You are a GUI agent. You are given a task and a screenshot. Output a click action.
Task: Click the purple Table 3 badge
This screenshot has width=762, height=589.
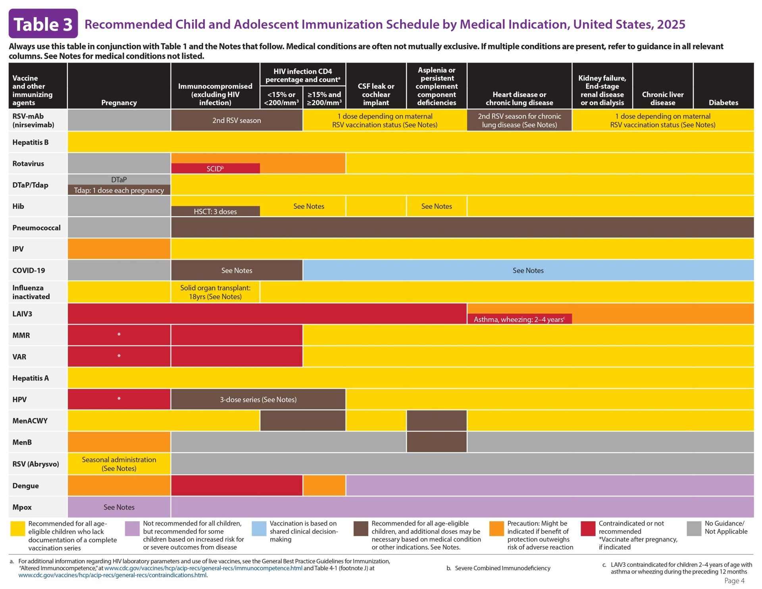coord(43,24)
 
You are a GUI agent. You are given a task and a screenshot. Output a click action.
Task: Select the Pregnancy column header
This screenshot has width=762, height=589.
coord(119,102)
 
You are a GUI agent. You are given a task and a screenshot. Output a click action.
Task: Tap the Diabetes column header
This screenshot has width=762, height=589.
coord(723,102)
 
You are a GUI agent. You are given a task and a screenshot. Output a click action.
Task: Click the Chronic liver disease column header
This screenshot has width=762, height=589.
coord(662,98)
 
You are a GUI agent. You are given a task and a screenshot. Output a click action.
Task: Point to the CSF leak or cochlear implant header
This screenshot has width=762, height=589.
coord(376,94)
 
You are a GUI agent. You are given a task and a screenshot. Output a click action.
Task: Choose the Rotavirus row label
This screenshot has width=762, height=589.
coord(28,164)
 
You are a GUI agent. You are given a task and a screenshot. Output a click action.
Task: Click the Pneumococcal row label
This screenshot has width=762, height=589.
coord(36,228)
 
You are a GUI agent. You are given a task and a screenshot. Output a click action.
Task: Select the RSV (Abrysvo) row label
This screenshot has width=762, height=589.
coord(35,464)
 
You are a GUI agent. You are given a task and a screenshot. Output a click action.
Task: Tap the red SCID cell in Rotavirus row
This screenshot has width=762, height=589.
coord(215,169)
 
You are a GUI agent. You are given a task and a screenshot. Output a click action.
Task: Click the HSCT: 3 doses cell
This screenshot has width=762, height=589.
coord(215,212)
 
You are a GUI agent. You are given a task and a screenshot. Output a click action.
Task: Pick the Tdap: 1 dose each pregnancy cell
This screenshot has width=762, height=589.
coord(119,190)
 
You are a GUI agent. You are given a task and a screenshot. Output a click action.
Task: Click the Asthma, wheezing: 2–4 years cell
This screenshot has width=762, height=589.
coord(519,319)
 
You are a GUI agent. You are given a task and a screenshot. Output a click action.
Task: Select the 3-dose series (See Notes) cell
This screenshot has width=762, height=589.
coord(258,399)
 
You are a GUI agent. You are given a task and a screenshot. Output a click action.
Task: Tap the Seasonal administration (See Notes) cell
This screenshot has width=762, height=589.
coord(119,464)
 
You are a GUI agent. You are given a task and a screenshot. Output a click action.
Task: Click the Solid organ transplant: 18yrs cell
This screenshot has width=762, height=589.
coord(215,292)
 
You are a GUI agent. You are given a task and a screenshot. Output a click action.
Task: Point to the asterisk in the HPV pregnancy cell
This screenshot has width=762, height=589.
coord(119,399)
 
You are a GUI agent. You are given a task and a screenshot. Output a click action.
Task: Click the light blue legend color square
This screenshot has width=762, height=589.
coord(259,529)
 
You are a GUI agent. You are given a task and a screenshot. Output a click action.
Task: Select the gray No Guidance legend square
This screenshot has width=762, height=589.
coord(694,529)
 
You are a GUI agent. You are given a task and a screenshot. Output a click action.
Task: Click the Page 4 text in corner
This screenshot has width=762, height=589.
coord(734,581)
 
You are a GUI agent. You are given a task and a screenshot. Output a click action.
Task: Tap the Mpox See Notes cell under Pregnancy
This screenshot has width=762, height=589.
coord(119,507)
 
